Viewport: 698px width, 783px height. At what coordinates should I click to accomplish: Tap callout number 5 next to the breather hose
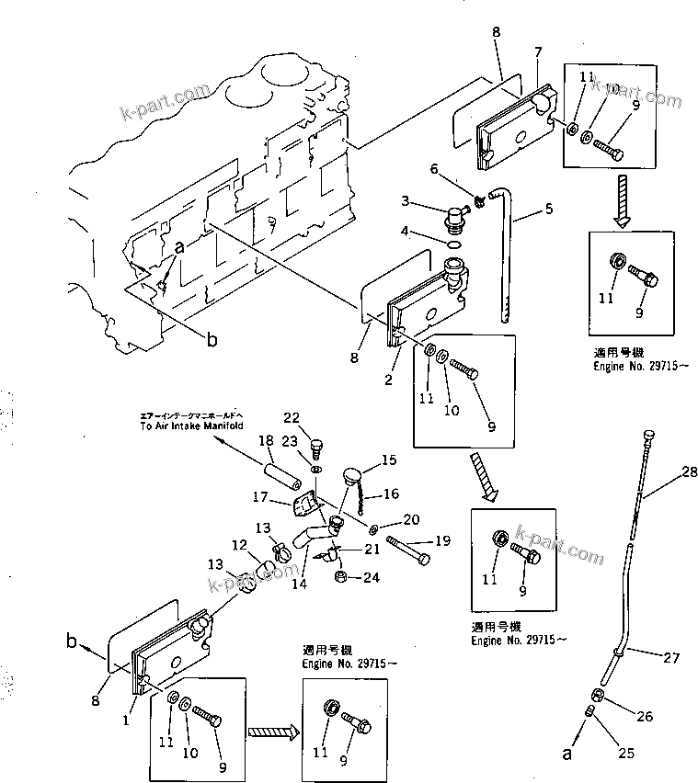coord(548,209)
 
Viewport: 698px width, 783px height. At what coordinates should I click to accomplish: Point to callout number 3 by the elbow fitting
coord(404,201)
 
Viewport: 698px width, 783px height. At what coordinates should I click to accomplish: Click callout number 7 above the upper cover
coord(540,51)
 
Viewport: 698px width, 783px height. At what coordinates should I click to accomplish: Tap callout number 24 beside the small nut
coord(371,578)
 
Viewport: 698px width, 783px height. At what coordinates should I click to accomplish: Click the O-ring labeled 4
coord(453,245)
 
